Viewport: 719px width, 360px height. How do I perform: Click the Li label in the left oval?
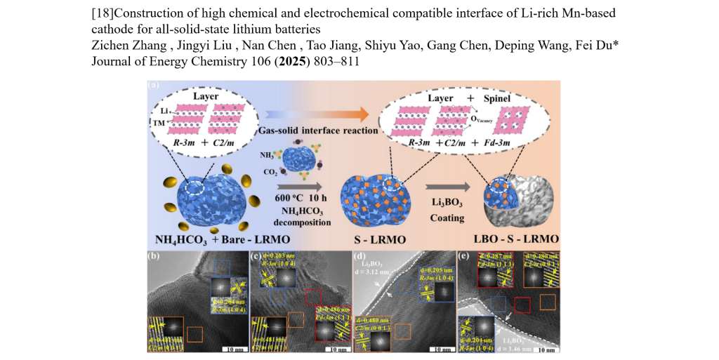tap(164, 112)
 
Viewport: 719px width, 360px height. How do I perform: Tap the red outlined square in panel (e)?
tap(522, 304)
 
